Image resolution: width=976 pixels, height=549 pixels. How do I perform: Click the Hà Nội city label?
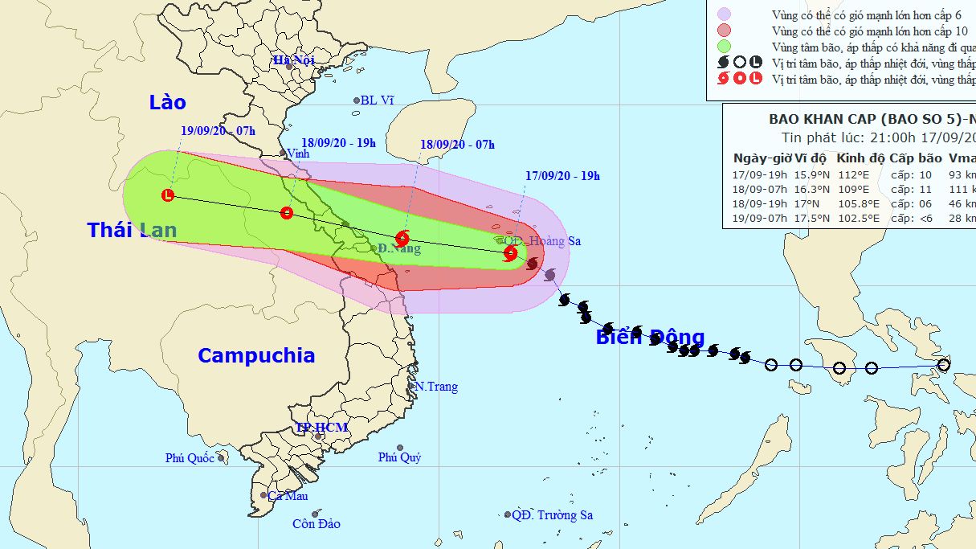pos(293,59)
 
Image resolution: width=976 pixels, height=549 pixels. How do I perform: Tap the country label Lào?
pos(167,102)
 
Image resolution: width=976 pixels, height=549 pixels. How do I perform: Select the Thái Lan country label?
pos(132,231)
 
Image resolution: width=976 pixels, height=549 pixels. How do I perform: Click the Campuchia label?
pos(256,355)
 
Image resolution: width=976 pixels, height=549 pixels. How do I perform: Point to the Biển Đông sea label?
pos(650,337)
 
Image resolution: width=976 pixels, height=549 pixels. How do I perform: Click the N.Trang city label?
pos(437,387)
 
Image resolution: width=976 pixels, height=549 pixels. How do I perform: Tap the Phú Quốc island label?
pos(190,458)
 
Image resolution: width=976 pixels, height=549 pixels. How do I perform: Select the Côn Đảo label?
pos(316,524)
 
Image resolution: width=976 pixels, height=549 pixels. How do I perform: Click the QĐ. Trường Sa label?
pos(553,515)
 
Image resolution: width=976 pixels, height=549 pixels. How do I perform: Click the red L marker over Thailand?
pos(168,195)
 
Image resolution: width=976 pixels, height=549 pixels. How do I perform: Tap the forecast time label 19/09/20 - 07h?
pos(218,130)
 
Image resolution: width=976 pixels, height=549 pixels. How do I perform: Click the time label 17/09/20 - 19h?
pos(563,176)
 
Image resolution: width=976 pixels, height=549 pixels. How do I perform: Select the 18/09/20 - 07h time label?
pos(457,145)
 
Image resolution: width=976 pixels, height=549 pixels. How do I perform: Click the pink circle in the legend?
pos(725,14)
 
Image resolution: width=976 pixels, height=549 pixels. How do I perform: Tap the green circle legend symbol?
pos(725,47)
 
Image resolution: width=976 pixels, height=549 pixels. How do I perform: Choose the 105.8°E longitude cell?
pos(860,203)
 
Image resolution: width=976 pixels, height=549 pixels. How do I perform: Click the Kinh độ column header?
pos(860,158)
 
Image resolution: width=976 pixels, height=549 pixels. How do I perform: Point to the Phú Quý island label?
pos(400,457)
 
